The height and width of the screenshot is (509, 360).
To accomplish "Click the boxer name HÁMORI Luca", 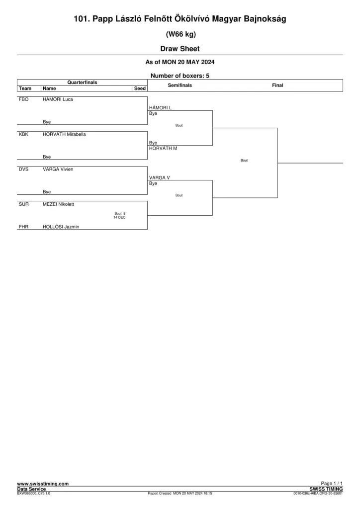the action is pyautogui.click(x=58, y=99).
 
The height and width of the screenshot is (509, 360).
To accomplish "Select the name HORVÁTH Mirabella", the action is pyautogui.click(x=64, y=134).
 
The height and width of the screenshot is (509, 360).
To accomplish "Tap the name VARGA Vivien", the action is pyautogui.click(x=58, y=169).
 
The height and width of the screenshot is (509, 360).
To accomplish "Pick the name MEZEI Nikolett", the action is pyautogui.click(x=59, y=204).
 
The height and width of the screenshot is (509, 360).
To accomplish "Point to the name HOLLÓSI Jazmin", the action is pyautogui.click(x=61, y=227).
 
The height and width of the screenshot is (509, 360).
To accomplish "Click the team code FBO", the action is pyautogui.click(x=24, y=99).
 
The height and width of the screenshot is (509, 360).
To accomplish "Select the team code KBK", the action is pyautogui.click(x=24, y=134).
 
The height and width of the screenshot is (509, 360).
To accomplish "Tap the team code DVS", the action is pyautogui.click(x=24, y=169).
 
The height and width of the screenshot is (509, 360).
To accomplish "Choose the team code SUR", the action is pyautogui.click(x=24, y=204).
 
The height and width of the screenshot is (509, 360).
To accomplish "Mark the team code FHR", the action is pyautogui.click(x=24, y=227).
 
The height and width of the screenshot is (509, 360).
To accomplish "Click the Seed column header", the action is pyautogui.click(x=140, y=88).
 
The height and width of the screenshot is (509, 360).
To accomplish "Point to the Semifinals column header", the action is pyautogui.click(x=180, y=85).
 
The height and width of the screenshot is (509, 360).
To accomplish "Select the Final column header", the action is pyautogui.click(x=277, y=85).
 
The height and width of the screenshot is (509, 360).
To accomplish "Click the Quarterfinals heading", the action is pyautogui.click(x=82, y=83).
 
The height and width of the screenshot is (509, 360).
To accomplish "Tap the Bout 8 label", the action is pyautogui.click(x=120, y=214).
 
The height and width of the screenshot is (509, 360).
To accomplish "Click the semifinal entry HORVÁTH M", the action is pyautogui.click(x=163, y=148).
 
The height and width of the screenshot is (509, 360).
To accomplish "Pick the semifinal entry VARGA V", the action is pyautogui.click(x=160, y=177).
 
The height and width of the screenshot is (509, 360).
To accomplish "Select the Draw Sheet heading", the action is pyautogui.click(x=180, y=49).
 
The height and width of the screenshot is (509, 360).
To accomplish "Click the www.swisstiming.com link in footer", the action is pyautogui.click(x=43, y=484).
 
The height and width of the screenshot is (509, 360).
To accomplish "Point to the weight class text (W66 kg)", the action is pyautogui.click(x=181, y=34).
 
